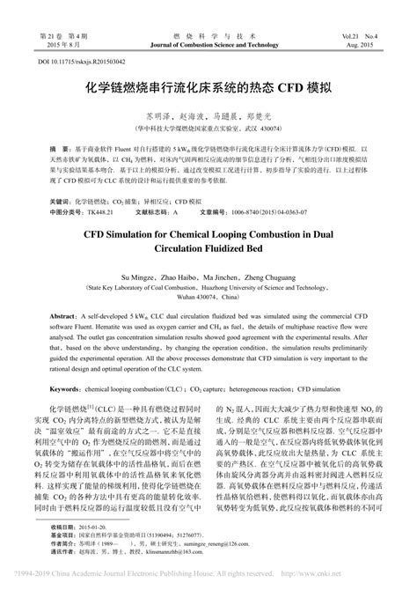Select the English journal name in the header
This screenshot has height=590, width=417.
(208, 42)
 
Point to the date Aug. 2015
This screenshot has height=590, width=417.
(363, 42)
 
